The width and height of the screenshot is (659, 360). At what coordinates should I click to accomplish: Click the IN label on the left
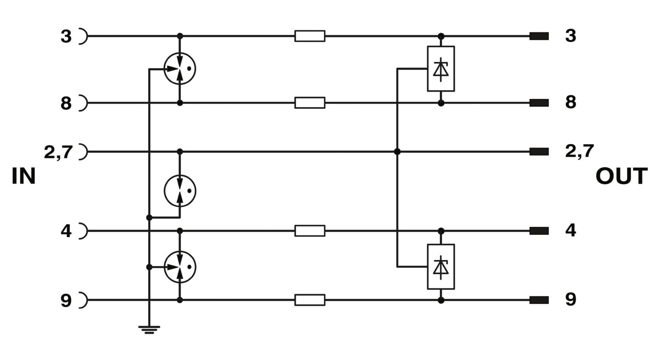tap(24, 176)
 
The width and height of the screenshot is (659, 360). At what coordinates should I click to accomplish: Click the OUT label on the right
tap(622, 176)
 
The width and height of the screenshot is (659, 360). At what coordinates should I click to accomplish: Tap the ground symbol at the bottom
tap(149, 330)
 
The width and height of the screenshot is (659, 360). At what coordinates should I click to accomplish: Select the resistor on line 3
tap(310, 36)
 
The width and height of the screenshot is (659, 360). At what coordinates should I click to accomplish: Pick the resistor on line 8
tap(310, 103)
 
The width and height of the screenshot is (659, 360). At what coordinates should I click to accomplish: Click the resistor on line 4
tap(310, 231)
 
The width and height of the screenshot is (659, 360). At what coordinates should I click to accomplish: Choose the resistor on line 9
tap(310, 300)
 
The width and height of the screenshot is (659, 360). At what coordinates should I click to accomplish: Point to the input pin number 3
tap(66, 36)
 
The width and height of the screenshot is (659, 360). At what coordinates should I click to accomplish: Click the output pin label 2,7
tap(579, 151)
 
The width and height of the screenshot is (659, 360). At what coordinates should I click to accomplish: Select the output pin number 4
tap(570, 230)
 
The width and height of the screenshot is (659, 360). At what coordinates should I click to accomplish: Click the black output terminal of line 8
tap(539, 103)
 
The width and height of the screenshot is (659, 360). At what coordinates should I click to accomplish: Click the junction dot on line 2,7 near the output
tap(397, 151)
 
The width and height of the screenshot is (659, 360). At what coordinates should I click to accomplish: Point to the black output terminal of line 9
tap(539, 300)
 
